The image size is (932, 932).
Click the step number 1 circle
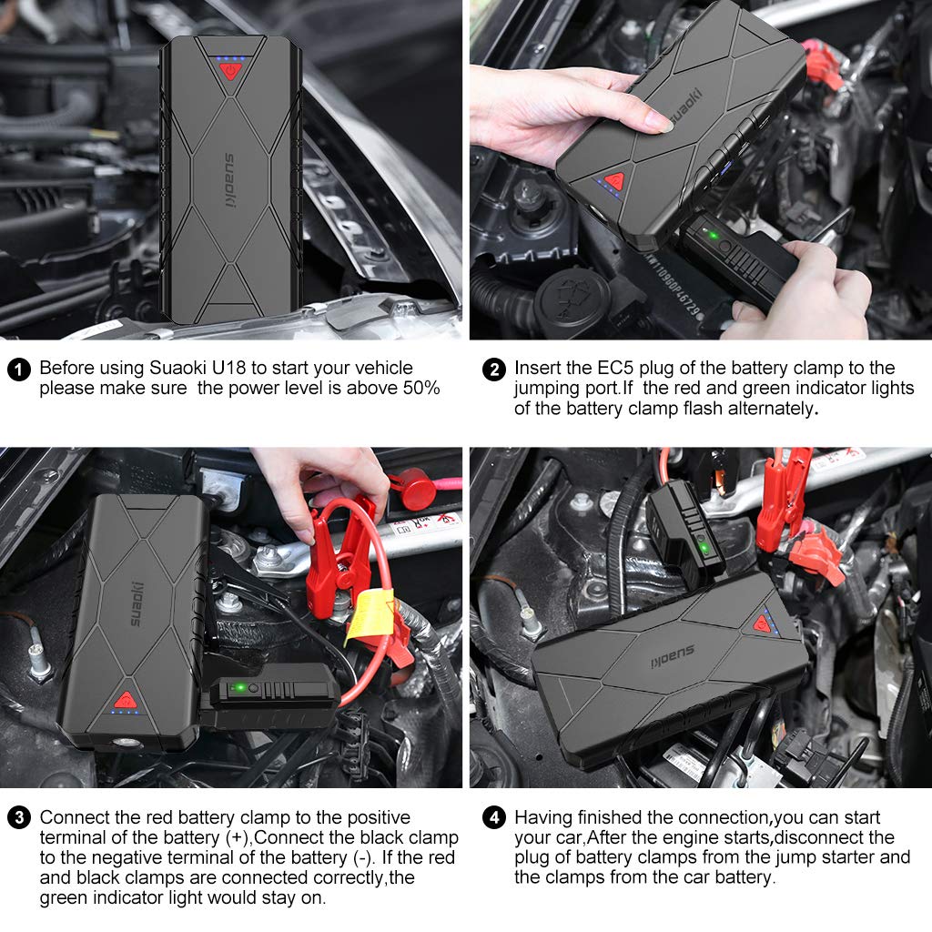click(x=18, y=370)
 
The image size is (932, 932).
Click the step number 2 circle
click(x=494, y=370)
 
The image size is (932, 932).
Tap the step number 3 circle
click(x=19, y=818)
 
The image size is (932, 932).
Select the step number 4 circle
click(x=494, y=818)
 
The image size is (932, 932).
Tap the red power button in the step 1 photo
click(x=230, y=71)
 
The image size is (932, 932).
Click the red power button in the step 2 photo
click(x=614, y=181)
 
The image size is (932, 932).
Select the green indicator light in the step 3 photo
click(x=239, y=688)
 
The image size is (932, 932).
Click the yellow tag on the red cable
click(x=370, y=618)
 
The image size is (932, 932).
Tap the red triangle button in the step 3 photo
click(x=126, y=700)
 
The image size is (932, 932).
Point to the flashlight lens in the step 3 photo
click(x=124, y=743)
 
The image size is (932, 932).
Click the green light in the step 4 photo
click(x=704, y=547)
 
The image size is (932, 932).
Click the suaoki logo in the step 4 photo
click(x=673, y=657)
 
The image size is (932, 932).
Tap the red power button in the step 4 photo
click(x=762, y=624)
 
